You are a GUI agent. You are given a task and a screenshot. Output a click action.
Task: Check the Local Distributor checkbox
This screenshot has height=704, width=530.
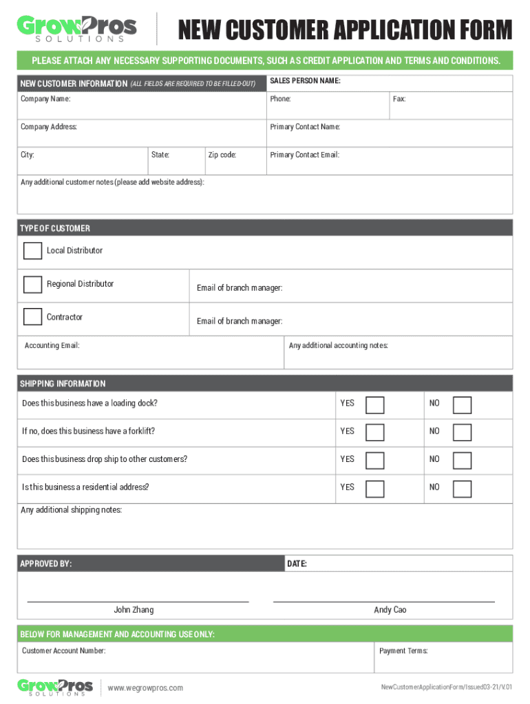[x=32, y=251]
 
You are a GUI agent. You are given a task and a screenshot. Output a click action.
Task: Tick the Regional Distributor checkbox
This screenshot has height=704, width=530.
[x=32, y=284]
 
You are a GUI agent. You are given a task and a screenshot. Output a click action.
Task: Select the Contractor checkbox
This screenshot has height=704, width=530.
[x=32, y=317]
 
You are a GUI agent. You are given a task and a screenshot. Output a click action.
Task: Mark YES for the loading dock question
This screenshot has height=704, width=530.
[x=375, y=404]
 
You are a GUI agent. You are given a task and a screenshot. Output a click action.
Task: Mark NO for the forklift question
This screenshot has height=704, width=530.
[x=462, y=432]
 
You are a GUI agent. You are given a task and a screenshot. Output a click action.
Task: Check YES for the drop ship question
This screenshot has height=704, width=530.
[x=375, y=460]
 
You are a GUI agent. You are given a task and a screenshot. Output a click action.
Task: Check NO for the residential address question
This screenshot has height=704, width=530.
[x=462, y=488]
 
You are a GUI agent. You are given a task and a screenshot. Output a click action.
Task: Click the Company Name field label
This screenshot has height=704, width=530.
[x=45, y=99]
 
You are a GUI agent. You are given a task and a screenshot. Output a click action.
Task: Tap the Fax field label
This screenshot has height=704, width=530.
[x=399, y=99]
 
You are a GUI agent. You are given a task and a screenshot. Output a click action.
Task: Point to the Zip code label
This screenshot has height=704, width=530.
[x=222, y=155]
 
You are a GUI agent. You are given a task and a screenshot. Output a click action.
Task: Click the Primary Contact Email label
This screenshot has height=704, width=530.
[x=304, y=155]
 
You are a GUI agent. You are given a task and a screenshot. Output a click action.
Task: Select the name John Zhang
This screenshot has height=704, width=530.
[x=134, y=610]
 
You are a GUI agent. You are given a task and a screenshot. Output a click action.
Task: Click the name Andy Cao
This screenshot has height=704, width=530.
[x=390, y=610]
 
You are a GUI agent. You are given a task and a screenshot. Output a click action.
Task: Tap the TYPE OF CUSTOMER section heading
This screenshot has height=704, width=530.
[x=55, y=228]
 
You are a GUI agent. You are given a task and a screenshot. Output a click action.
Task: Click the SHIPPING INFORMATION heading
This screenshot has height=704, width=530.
[x=63, y=384]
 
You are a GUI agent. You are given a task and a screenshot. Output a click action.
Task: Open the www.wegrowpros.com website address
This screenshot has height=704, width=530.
[x=145, y=688]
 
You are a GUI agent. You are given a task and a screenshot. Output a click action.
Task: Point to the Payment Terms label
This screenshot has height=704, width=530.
[x=403, y=650]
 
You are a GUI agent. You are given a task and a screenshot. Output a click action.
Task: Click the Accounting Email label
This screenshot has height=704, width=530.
[x=52, y=345]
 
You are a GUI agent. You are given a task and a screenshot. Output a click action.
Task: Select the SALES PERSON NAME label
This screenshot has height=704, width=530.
[x=305, y=81]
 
